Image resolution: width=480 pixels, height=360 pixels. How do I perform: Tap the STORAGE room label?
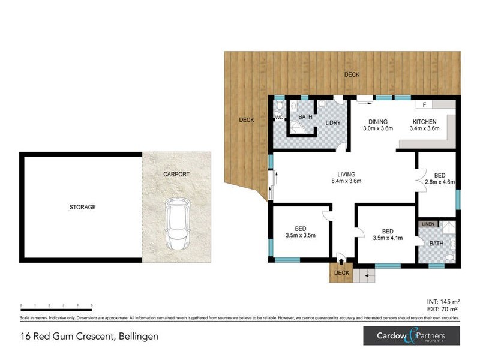(x=82, y=207)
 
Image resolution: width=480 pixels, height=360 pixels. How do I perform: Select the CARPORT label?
(x=176, y=174)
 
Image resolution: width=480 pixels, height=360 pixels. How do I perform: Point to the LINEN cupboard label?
(x=427, y=224)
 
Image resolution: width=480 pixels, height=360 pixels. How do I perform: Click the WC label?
(x=278, y=118)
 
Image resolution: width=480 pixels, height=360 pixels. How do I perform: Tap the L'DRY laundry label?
(x=333, y=122)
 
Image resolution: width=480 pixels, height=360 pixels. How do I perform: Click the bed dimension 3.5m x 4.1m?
(x=387, y=238)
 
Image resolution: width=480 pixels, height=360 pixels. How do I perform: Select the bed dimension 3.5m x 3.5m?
(x=301, y=235)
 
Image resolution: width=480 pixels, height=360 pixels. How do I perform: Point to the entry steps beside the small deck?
(x=364, y=275)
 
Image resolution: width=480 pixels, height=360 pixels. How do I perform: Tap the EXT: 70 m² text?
(x=443, y=309)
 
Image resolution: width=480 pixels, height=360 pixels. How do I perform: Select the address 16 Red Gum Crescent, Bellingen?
(x=89, y=337)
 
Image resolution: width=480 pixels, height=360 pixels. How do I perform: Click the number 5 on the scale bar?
(x=91, y=305)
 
